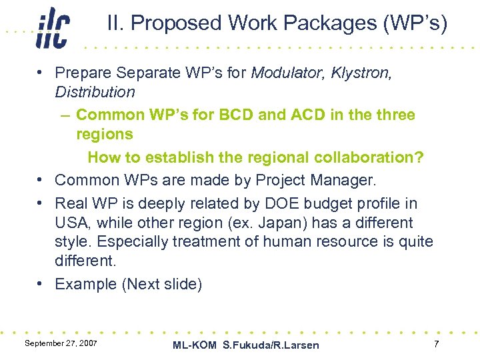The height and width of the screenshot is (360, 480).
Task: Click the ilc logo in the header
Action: tap(53, 28)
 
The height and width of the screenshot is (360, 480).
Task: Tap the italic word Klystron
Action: tap(363, 72)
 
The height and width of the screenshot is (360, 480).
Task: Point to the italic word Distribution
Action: tap(95, 92)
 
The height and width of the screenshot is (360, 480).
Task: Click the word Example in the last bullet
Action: tap(85, 284)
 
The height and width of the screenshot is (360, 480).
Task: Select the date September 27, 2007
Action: tap(61, 343)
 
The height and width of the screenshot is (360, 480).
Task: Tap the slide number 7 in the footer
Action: tap(436, 343)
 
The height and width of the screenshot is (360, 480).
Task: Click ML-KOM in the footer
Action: tap(195, 345)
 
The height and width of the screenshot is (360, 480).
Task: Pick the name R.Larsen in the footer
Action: tap(296, 345)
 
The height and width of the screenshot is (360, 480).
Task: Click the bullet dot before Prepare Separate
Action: tap(41, 73)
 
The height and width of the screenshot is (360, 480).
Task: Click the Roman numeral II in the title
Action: tap(114, 23)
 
